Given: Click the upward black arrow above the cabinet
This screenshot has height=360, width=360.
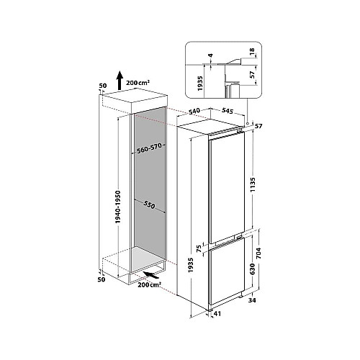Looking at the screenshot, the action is (x=120, y=81).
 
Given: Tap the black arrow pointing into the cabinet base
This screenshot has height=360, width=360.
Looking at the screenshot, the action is (x=151, y=275).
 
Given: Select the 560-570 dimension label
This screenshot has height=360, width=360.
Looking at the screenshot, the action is (x=149, y=148).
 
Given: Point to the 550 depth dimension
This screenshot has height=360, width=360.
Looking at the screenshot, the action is (x=150, y=205).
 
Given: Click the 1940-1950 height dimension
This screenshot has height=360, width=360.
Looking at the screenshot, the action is (x=117, y=207).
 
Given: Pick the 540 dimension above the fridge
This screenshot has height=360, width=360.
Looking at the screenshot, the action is (x=194, y=112).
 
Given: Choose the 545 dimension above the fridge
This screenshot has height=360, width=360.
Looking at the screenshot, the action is (x=228, y=111).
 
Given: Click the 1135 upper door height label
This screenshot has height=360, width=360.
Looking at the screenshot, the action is (x=253, y=185).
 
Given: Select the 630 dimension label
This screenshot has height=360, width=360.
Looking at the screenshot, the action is (x=252, y=269).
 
